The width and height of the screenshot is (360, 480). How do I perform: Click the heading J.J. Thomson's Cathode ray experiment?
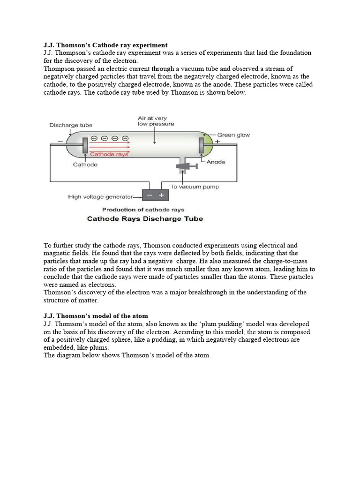point(105,45)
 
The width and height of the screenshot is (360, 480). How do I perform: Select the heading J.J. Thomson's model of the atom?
point(96,316)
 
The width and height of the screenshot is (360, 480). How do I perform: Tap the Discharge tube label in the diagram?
point(71,125)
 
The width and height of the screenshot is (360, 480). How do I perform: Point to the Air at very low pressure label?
point(156,121)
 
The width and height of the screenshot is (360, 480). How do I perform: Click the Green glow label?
point(233,135)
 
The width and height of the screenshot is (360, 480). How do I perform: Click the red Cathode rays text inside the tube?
point(109,154)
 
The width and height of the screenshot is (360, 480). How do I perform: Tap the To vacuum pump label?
point(194,187)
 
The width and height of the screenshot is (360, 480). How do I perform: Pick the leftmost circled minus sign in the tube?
point(94,138)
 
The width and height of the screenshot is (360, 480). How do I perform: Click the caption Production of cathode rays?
point(143,210)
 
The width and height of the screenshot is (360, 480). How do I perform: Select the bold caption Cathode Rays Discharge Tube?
point(145,219)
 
